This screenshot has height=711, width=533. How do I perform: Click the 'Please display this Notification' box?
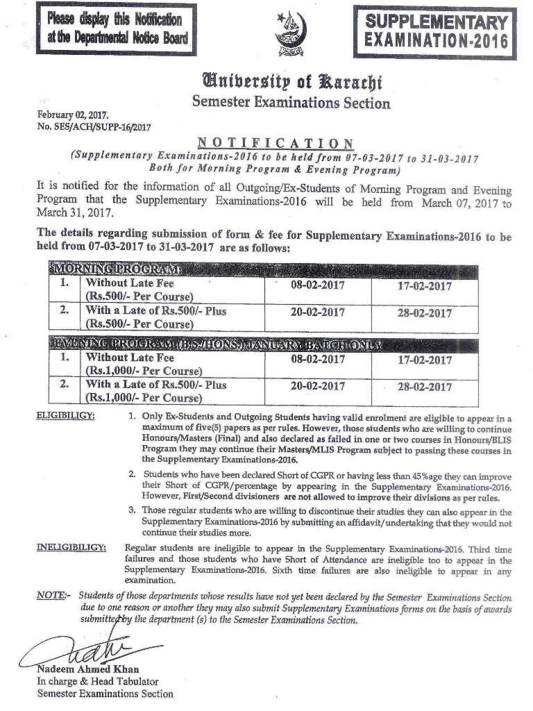117,28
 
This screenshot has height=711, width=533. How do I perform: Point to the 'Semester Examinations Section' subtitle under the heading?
291,103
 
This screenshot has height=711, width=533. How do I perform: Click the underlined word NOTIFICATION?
276,144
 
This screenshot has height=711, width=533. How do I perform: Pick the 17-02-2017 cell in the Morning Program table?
424,286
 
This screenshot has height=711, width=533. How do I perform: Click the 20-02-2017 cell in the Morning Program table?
317,313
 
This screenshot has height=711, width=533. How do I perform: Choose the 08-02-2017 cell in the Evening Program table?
317,360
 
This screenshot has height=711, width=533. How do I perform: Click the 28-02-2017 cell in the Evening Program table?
424,388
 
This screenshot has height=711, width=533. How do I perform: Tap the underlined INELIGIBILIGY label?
71,549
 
